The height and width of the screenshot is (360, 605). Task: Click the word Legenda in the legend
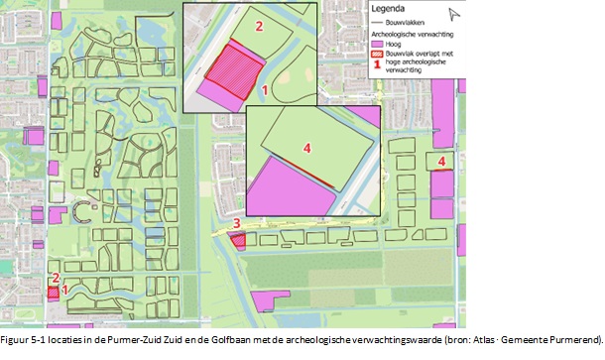coord(389,9)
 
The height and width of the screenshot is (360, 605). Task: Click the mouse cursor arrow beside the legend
coord(454,14)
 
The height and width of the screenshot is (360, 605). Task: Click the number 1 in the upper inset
coord(264,89)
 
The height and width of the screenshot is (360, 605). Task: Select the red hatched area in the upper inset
coord(235,68)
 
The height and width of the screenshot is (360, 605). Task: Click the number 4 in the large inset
coord(306,148)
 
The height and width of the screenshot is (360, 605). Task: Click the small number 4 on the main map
coord(441,161)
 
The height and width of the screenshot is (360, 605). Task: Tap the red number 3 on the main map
coord(236,224)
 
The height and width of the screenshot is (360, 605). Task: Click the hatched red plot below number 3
coord(238,240)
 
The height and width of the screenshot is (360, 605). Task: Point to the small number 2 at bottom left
coord(56,279)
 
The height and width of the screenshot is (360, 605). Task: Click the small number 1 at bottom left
coord(65,291)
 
